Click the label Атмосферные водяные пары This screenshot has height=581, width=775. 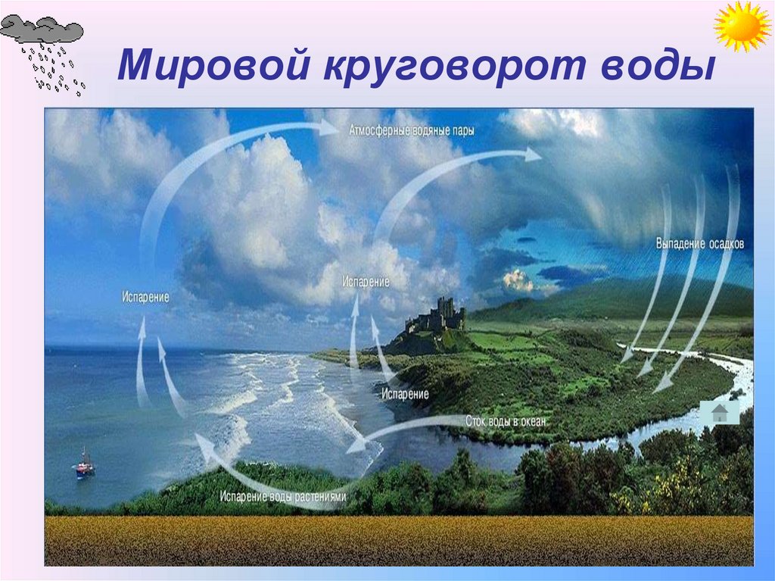412,131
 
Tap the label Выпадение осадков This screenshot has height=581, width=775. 699,245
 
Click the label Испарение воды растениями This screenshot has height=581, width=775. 283,498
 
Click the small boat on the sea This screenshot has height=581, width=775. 85,464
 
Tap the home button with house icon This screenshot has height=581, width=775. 719,413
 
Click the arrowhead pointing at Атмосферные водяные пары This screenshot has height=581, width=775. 330,128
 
